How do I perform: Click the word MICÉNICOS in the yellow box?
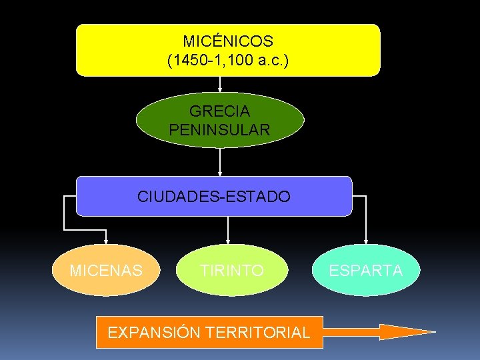[228, 41]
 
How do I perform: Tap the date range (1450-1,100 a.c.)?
[228, 61]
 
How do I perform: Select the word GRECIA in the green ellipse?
[220, 111]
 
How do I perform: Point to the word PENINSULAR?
[220, 129]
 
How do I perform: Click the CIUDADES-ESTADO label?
[214, 197]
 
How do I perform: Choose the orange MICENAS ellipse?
[106, 270]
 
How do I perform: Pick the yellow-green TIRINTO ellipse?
[233, 270]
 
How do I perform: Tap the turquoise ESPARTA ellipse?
[366, 270]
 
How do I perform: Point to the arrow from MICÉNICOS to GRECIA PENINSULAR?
[220, 84]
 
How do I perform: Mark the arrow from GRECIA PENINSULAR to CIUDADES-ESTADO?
[220, 162]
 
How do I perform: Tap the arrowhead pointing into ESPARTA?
[365, 241]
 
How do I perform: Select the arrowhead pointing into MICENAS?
[105, 241]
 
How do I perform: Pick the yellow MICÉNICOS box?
[333, 50]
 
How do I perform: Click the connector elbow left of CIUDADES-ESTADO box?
[64, 197]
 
